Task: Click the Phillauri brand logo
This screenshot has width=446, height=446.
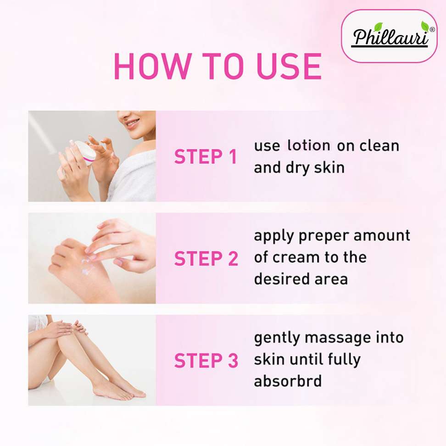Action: (x=389, y=36)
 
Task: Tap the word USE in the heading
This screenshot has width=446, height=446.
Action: (x=289, y=66)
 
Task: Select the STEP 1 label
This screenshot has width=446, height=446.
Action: (x=206, y=156)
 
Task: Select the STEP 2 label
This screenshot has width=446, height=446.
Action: (x=206, y=258)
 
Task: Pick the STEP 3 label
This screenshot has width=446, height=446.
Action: (x=206, y=360)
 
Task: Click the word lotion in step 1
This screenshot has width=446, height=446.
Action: (x=309, y=145)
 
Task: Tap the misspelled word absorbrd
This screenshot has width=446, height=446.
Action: (x=288, y=381)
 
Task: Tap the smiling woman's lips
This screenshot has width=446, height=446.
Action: (x=133, y=123)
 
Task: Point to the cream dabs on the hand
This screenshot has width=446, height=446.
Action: (x=87, y=266)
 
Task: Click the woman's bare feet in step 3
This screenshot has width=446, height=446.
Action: (x=119, y=390)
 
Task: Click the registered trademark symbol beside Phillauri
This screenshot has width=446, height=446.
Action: (x=432, y=29)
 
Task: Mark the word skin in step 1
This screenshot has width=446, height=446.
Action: (x=329, y=167)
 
